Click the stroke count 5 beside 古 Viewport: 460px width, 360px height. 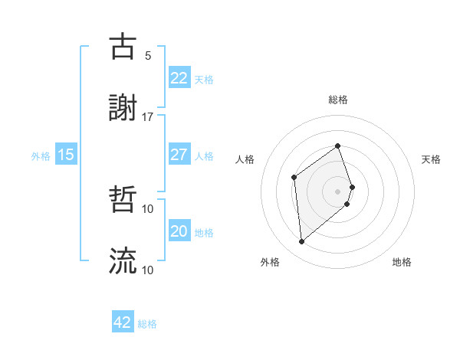tap(148, 55)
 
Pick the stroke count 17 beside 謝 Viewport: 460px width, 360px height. tap(148, 116)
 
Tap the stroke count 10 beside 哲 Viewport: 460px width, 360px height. tap(148, 208)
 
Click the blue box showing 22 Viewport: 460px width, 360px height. tap(179, 78)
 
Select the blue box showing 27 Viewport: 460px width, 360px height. tap(179, 155)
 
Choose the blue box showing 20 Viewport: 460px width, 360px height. tap(179, 231)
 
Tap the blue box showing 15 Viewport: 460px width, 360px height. tap(66, 155)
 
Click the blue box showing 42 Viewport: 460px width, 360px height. tap(123, 322)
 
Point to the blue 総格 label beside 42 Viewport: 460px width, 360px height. tap(147, 324)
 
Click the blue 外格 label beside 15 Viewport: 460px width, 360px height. tap(41, 156)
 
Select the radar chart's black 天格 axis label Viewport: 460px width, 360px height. tap(432, 159)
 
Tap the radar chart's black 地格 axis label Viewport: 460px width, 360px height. tap(402, 262)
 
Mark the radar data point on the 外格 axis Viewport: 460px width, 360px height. tap(302, 242)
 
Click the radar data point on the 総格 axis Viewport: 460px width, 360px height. tap(337, 146)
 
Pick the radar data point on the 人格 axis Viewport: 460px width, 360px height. tap(294, 177)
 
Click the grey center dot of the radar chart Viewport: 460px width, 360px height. tap(337, 191)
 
